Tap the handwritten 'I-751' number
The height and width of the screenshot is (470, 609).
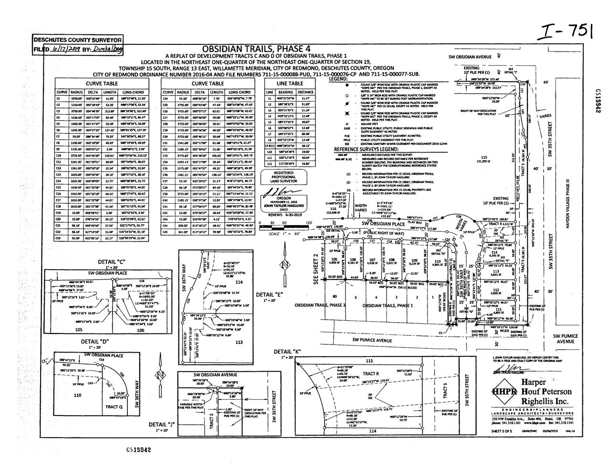[x=563, y=32]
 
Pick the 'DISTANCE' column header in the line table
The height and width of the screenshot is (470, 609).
[x=305, y=92]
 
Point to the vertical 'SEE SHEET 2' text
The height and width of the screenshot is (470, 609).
[x=315, y=269]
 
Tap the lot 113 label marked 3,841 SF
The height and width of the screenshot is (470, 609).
[x=495, y=272]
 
